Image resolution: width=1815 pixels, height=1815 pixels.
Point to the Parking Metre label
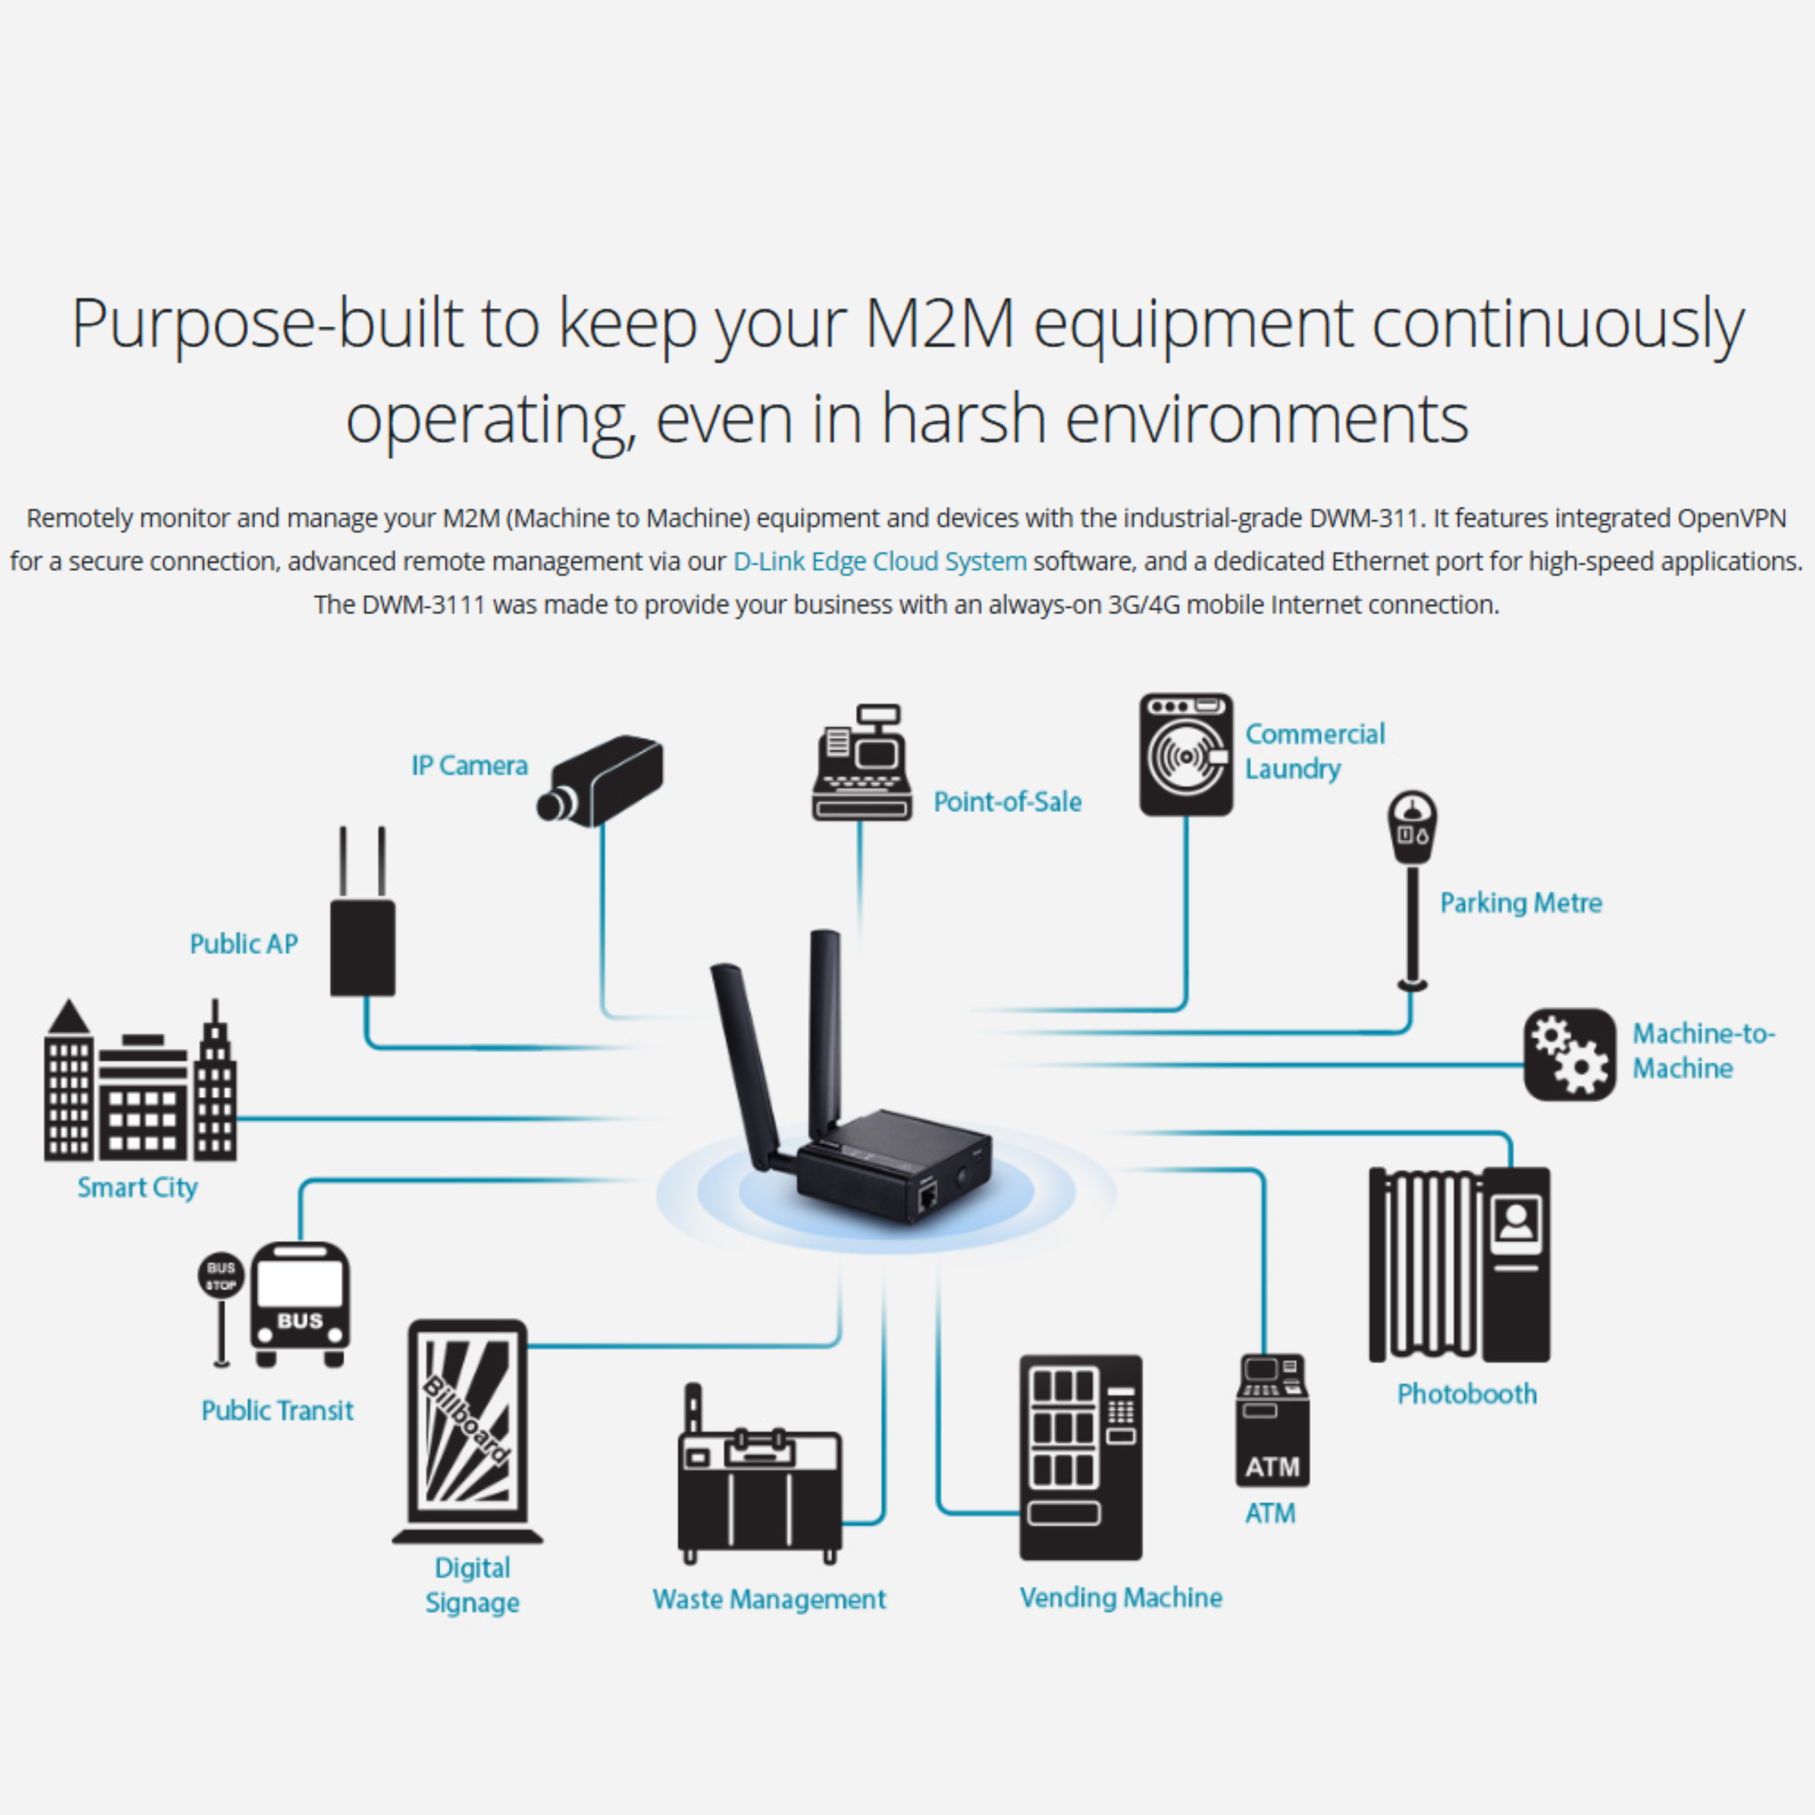click(x=1520, y=903)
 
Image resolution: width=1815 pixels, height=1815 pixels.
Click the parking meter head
click(x=1412, y=827)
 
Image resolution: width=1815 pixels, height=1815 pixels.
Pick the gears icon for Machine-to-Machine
click(x=1569, y=1054)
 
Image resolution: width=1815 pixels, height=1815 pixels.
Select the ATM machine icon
click(x=1272, y=1420)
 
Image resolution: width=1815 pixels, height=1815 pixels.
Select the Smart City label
click(x=137, y=1187)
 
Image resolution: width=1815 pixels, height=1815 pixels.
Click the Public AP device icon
click(x=363, y=947)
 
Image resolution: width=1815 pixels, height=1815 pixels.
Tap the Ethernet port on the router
click(x=927, y=1197)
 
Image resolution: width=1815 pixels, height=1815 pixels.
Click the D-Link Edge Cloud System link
click(x=879, y=562)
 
